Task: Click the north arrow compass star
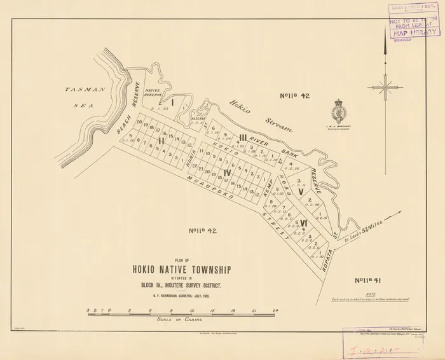(385, 85)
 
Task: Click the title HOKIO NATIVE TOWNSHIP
(182, 270)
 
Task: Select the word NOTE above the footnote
(384, 293)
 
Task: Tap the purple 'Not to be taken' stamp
(413, 25)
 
